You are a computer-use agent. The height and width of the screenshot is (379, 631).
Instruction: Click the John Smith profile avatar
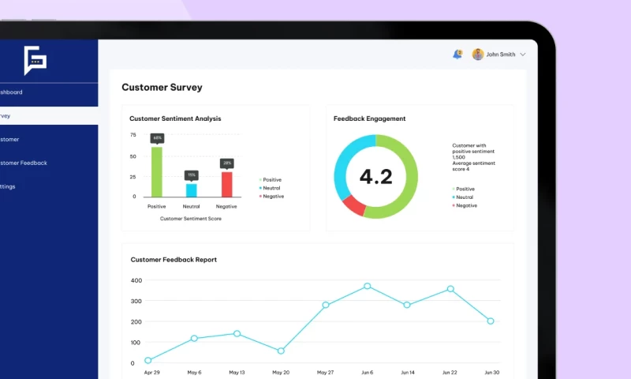478,54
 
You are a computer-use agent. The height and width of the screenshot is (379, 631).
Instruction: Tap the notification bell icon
457,54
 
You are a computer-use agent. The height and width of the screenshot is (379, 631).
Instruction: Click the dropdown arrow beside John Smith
523,54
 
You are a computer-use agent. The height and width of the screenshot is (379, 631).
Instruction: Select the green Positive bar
157,171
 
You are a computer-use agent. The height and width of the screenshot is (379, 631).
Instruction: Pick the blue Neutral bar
192,189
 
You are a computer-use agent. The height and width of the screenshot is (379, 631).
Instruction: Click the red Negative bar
226,184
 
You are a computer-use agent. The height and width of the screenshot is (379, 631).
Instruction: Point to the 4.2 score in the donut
375,176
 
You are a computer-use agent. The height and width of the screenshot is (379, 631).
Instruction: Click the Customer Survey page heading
162,88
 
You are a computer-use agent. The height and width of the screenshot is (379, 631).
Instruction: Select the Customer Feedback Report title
174,260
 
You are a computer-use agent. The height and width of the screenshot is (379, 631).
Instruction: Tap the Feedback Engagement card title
370,118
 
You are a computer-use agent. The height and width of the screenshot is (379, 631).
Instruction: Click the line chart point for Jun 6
367,286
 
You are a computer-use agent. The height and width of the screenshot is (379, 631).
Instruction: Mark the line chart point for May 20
281,351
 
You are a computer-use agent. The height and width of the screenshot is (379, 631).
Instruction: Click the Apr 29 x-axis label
151,372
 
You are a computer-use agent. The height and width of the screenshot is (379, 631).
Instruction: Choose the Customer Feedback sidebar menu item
24,163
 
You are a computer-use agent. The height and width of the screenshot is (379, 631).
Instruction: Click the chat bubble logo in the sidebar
35,60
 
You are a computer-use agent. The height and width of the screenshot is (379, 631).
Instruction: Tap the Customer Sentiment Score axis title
191,219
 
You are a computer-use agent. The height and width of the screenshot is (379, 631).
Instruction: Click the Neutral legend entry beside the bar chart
271,188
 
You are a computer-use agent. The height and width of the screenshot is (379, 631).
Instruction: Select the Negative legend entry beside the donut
465,205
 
